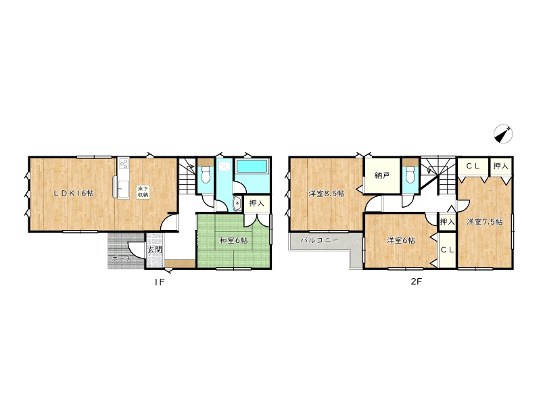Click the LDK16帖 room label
74,194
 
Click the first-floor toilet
206,175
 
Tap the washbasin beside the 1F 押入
237,204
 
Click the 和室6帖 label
233,240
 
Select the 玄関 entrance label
155,249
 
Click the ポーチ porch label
121,258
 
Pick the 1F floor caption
160,282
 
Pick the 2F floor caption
416,281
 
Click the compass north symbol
502,134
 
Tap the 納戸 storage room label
382,175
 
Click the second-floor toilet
410,175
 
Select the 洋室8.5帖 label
326,194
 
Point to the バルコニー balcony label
319,240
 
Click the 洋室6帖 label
400,240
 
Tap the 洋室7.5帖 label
484,222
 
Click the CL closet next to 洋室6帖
447,250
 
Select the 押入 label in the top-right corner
500,166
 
